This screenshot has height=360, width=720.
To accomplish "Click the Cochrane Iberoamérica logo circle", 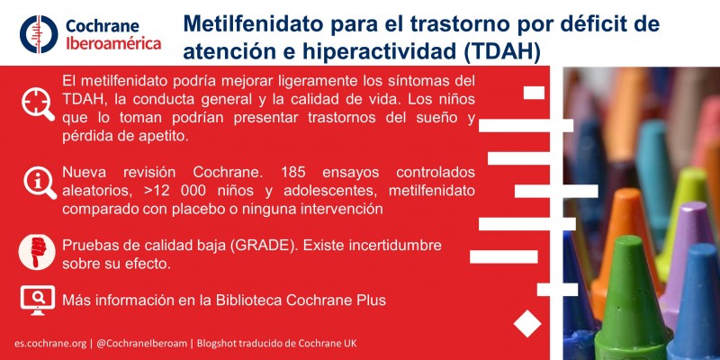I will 39,33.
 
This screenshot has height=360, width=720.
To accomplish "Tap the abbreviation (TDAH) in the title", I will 498,52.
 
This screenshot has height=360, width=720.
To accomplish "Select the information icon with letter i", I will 36,180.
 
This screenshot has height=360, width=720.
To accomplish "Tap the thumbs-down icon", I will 36,254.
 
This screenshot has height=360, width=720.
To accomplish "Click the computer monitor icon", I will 36,301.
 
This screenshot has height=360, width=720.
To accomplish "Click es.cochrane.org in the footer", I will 49,343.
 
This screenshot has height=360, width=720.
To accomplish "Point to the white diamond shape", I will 526,323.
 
